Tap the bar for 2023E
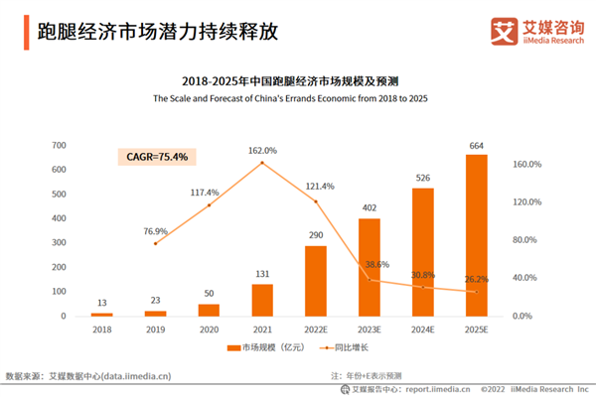370,267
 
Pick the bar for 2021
262,300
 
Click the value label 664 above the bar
477,145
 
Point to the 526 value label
423,179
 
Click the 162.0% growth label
262,151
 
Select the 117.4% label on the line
209,193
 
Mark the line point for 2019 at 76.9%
155,243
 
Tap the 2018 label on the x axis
101,328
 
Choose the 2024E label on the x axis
423,328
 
